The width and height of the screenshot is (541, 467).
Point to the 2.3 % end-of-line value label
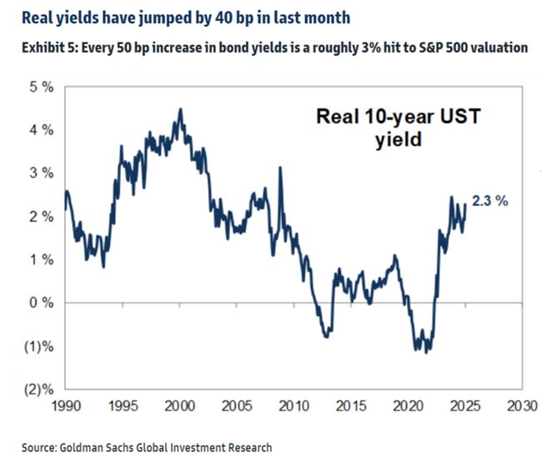click(x=491, y=202)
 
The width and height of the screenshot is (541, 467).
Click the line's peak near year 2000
click(x=181, y=109)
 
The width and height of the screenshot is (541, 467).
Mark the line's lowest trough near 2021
click(x=427, y=352)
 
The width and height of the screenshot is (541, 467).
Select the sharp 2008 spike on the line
click(x=279, y=168)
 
